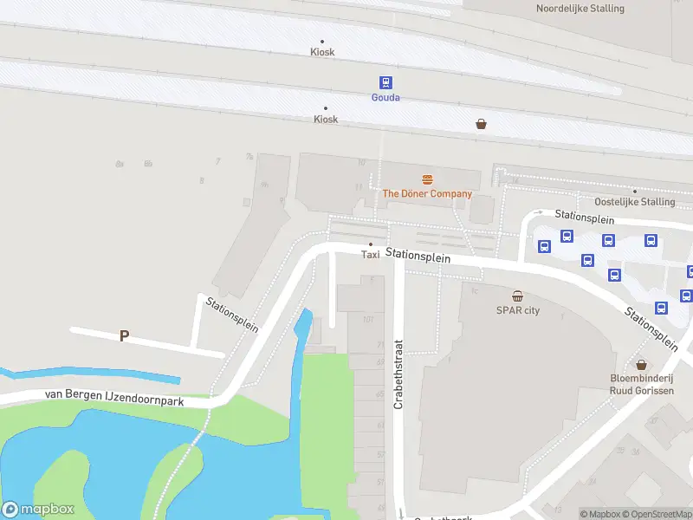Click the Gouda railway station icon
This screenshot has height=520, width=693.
tap(385, 82)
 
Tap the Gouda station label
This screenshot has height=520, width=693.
tap(385, 97)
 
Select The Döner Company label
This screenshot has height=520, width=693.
tap(427, 193)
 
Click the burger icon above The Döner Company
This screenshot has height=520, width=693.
tap(427, 179)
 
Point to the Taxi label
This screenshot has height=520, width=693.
tap(370, 255)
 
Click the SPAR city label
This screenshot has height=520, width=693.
tap(517, 310)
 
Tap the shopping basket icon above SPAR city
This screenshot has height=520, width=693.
tap(517, 296)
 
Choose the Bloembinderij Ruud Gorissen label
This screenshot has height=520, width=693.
tap(641, 384)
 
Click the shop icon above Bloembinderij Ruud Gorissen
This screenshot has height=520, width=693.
tap(641, 365)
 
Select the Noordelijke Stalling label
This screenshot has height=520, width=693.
tap(580, 9)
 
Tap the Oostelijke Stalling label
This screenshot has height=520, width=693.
tap(634, 202)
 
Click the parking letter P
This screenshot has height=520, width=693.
tap(124, 335)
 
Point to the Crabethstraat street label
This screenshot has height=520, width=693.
tap(399, 374)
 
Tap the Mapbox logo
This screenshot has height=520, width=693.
tap(38, 510)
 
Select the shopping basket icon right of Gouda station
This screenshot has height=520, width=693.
tap(481, 124)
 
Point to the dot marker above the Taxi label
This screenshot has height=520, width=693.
tap(371, 244)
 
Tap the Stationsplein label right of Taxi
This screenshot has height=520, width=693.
tap(418, 256)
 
